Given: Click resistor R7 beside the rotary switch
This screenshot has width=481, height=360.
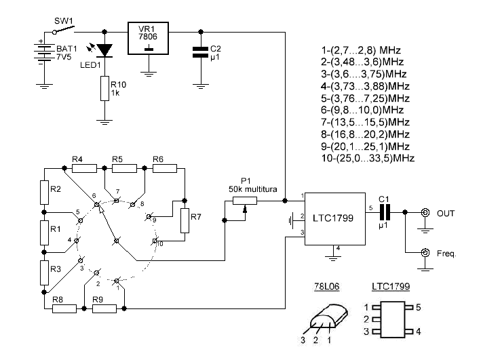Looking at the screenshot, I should (184, 220).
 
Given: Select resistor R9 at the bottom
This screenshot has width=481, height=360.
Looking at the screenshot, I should (104, 308).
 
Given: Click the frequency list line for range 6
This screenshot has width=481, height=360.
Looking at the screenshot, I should (357, 109).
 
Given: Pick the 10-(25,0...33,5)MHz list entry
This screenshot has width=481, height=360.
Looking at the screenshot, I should (367, 158).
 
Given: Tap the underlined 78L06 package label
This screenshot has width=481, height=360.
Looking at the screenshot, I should (324, 287).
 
